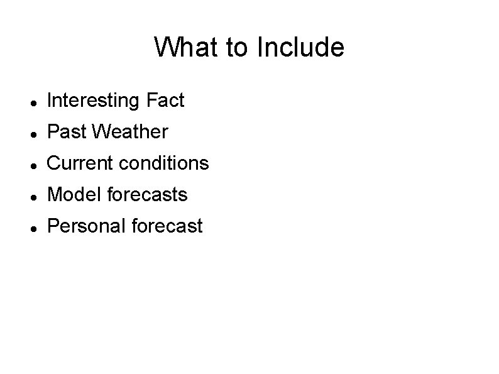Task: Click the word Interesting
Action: point(94,101)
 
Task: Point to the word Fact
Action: point(165,101)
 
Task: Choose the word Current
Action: point(79,163)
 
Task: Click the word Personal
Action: point(86,226)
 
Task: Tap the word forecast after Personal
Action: point(168,226)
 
